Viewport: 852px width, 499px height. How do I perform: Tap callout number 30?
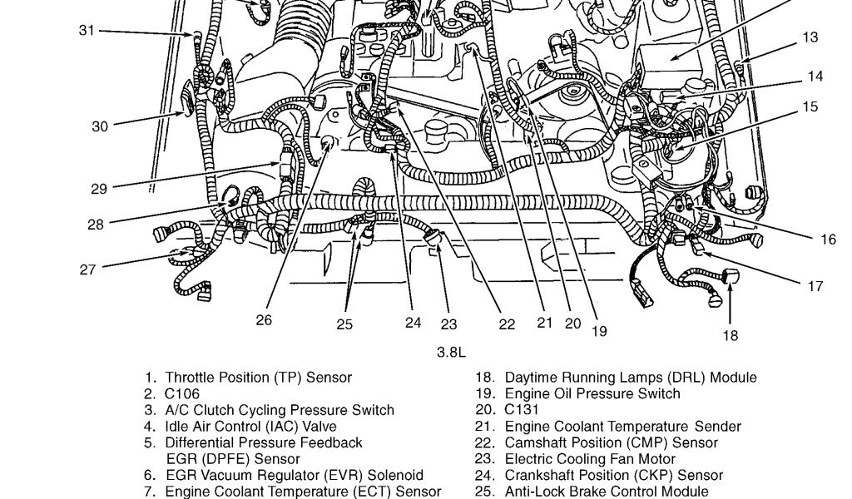click(100, 126)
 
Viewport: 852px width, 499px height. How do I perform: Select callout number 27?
click(87, 269)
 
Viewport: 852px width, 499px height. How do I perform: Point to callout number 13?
click(810, 37)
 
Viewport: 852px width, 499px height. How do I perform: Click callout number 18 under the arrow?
click(730, 335)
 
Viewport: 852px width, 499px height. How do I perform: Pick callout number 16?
click(827, 240)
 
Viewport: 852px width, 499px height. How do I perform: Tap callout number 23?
click(449, 324)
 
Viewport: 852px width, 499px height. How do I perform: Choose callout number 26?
click(264, 319)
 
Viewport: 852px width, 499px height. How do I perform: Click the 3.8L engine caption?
click(451, 352)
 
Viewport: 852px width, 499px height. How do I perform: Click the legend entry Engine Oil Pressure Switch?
click(592, 393)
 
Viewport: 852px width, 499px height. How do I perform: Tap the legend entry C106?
click(182, 393)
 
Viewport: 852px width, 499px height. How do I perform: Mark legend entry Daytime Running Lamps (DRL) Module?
click(631, 378)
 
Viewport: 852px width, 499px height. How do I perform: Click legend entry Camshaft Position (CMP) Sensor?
click(611, 442)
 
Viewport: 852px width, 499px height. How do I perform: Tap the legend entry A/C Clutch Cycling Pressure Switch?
click(280, 410)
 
